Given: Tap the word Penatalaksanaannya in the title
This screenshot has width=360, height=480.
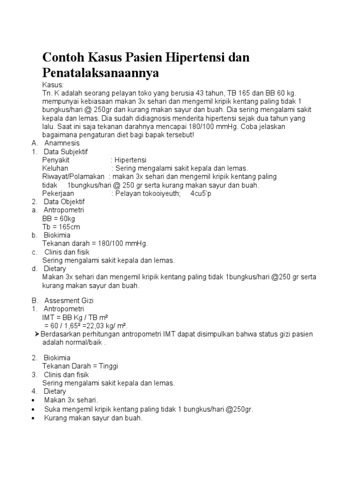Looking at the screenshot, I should coord(101,73).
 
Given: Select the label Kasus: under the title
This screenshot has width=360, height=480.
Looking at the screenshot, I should coord(52,85).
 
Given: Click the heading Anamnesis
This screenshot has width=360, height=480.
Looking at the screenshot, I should coord(62,143).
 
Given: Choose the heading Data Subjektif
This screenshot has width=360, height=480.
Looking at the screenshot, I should coord(66,151).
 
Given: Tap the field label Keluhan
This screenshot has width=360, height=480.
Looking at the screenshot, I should coord(55,168).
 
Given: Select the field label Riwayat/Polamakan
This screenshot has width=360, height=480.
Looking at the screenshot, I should coord(74,177).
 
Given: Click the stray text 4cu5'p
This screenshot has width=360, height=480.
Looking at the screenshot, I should coord(201,194).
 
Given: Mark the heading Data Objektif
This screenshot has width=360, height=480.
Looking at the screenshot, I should coord(64,202).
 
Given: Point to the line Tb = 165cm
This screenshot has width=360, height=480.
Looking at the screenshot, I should coord(61,227).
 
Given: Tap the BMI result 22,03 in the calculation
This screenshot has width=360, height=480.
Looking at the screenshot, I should coord(90,326).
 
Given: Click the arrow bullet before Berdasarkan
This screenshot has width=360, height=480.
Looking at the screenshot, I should coord(37,334).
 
